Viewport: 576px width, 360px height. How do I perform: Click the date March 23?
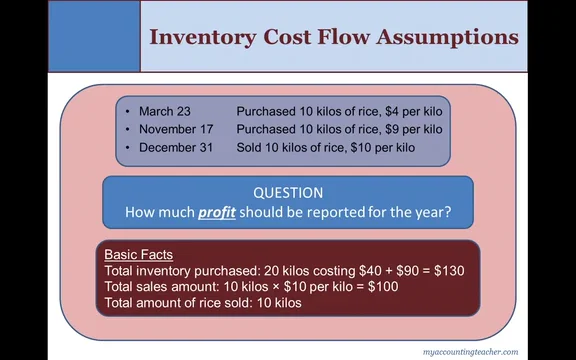tap(165, 110)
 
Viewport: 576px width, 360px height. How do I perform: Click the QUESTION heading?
tap(288, 193)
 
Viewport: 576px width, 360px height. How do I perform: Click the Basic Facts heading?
tap(139, 255)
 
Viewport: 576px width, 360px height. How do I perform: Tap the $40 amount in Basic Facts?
tap(359, 271)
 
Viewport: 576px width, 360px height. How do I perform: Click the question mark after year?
tap(448, 212)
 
